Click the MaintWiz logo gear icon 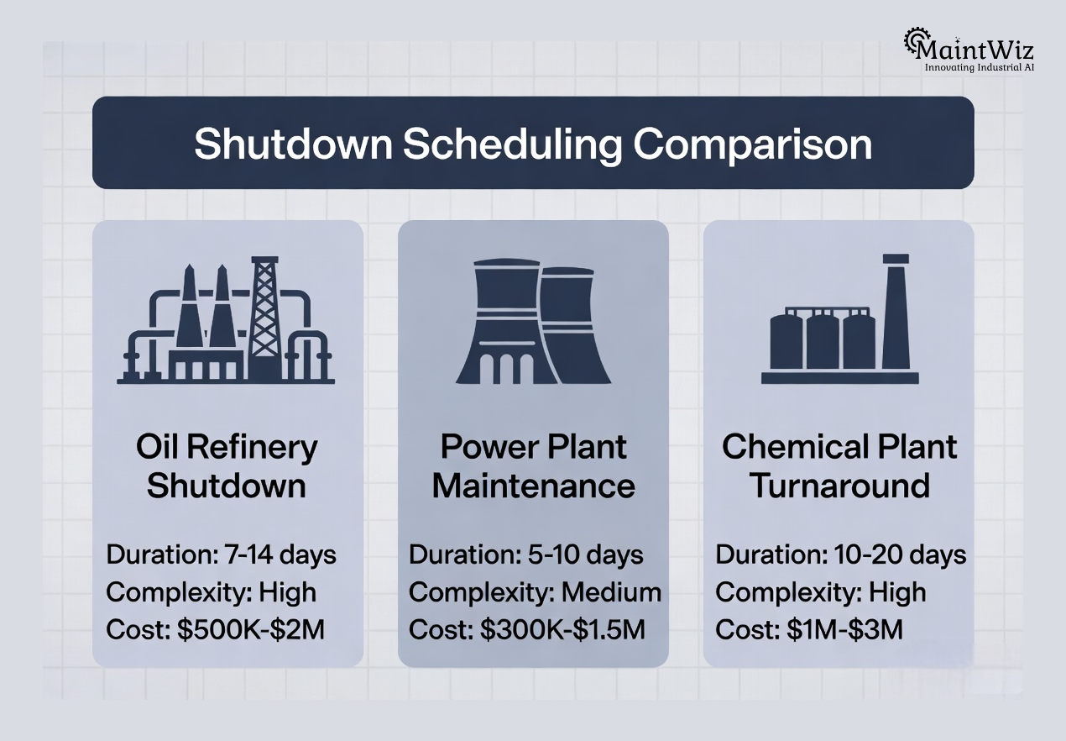(915, 41)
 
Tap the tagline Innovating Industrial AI (979, 67)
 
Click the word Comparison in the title (753, 145)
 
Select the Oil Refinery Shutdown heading (227, 466)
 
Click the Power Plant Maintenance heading (533, 466)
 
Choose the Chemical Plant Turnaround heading (839, 466)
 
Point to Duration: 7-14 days (221, 555)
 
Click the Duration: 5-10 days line (525, 555)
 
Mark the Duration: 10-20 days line (840, 555)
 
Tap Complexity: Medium (535, 592)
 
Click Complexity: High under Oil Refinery (211, 592)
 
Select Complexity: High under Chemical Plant (820, 592)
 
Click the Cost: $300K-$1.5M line (527, 629)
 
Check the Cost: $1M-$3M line (808, 629)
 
